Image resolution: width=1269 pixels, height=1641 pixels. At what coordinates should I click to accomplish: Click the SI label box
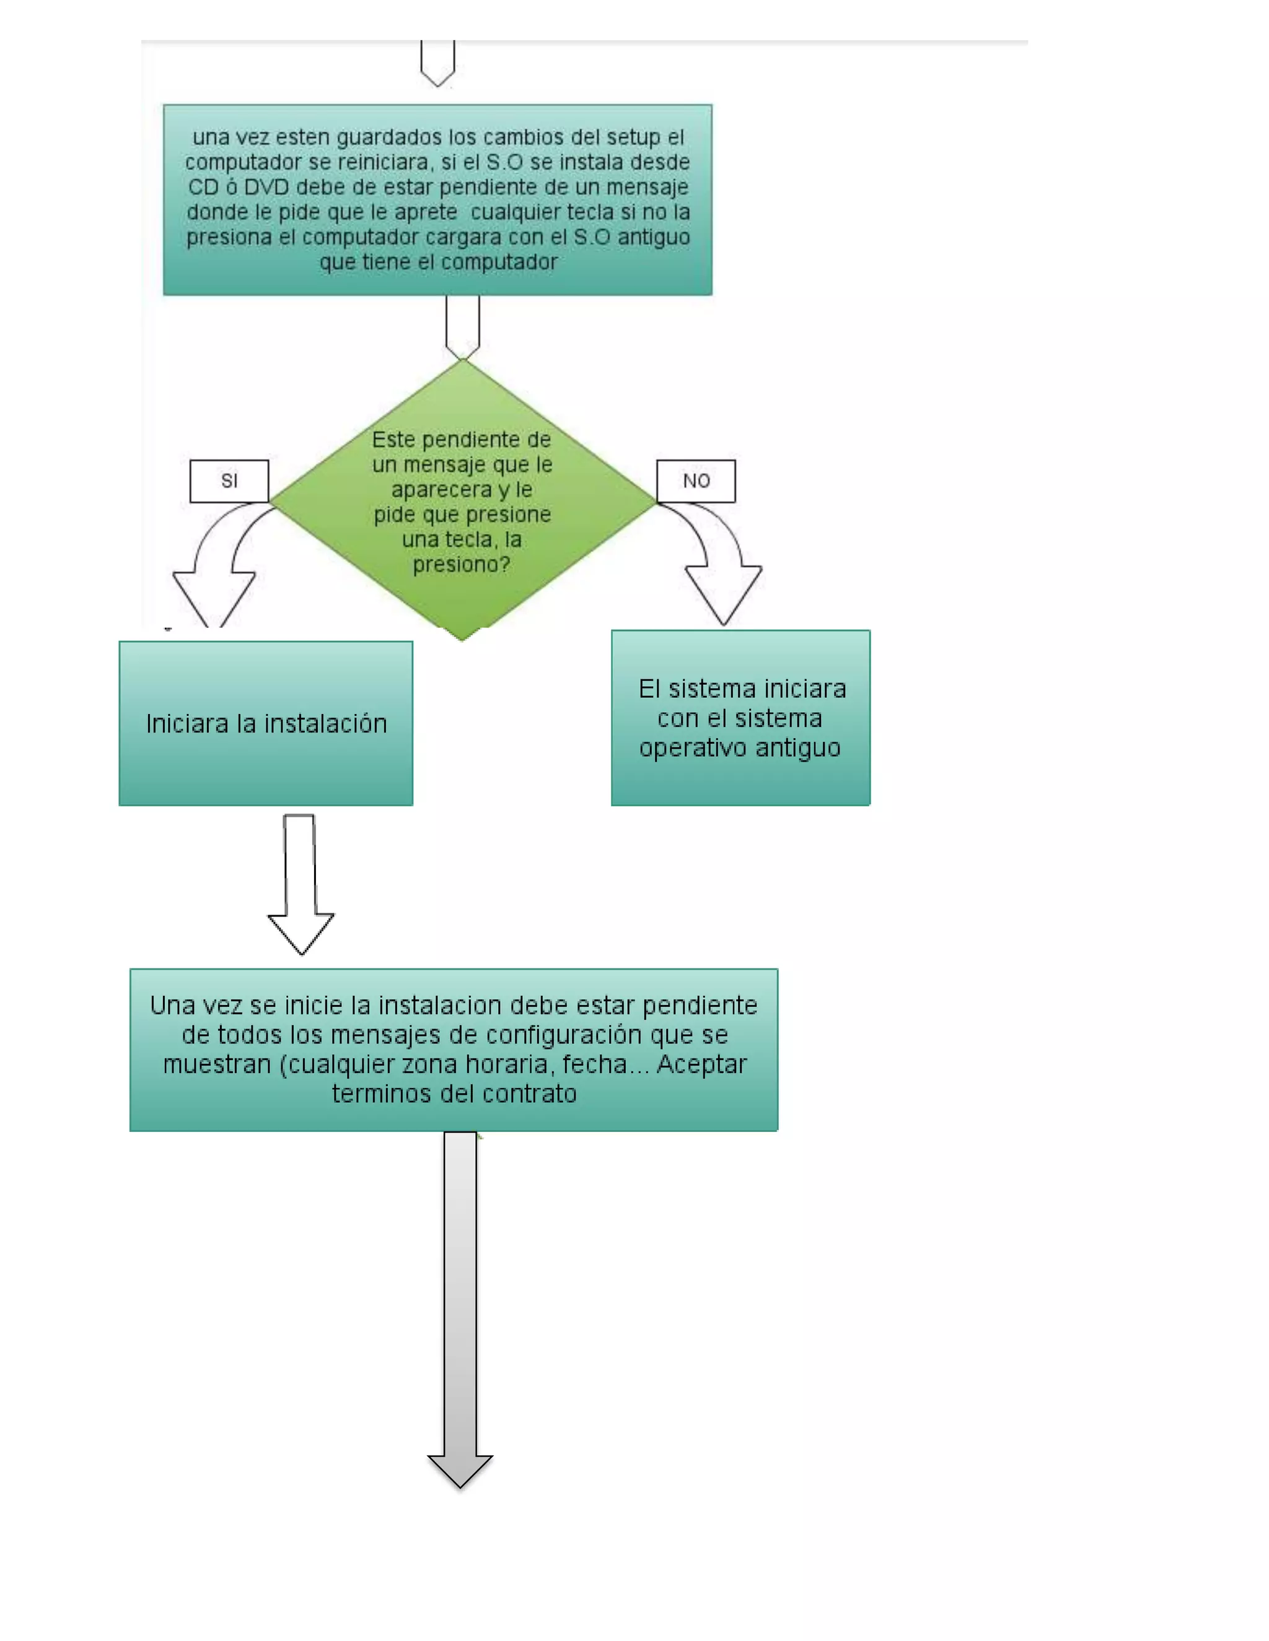click(x=229, y=481)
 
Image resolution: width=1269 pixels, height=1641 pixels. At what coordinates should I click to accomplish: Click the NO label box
click(x=695, y=481)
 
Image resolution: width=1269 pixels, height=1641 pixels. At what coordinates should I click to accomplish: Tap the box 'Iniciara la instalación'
click(x=265, y=723)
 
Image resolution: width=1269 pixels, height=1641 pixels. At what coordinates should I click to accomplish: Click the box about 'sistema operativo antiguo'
click(x=740, y=718)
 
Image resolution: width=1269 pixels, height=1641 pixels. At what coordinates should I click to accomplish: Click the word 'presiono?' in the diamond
click(x=461, y=564)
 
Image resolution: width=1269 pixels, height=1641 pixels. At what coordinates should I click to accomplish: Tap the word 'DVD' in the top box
click(x=266, y=187)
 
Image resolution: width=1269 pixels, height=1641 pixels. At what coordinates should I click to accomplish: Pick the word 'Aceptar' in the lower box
click(x=701, y=1064)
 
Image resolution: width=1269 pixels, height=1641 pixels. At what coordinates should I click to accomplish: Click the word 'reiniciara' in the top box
click(x=384, y=162)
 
